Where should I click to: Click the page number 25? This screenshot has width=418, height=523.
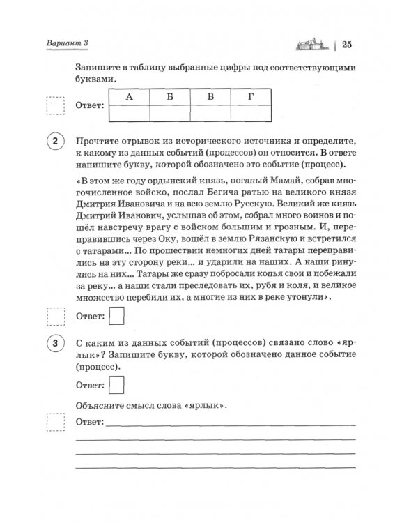click(x=347, y=46)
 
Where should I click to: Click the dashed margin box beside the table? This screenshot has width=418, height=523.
click(x=54, y=106)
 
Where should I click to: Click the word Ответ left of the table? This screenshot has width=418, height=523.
click(x=88, y=107)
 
